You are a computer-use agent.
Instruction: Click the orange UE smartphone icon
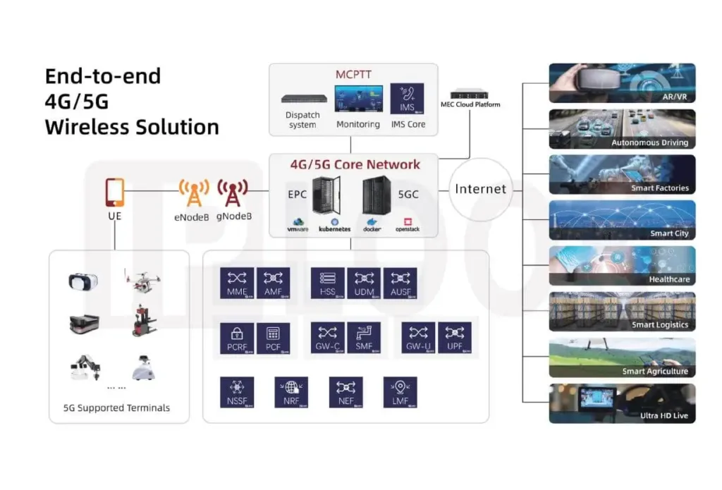point(114,192)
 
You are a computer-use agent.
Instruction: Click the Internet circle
point(480,189)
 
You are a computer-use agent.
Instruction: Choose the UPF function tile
point(455,337)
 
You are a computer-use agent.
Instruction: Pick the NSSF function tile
point(236,392)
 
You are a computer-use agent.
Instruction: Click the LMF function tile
point(400,392)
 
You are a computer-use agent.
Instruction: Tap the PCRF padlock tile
point(236,337)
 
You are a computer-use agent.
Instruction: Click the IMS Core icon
point(407,99)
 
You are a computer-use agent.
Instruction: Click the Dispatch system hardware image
point(303,99)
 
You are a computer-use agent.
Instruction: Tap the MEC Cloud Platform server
point(470,94)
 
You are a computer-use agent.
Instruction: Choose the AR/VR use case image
point(622,83)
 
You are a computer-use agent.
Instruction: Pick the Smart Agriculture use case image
point(622,357)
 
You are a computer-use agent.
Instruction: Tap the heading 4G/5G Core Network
point(355,164)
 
